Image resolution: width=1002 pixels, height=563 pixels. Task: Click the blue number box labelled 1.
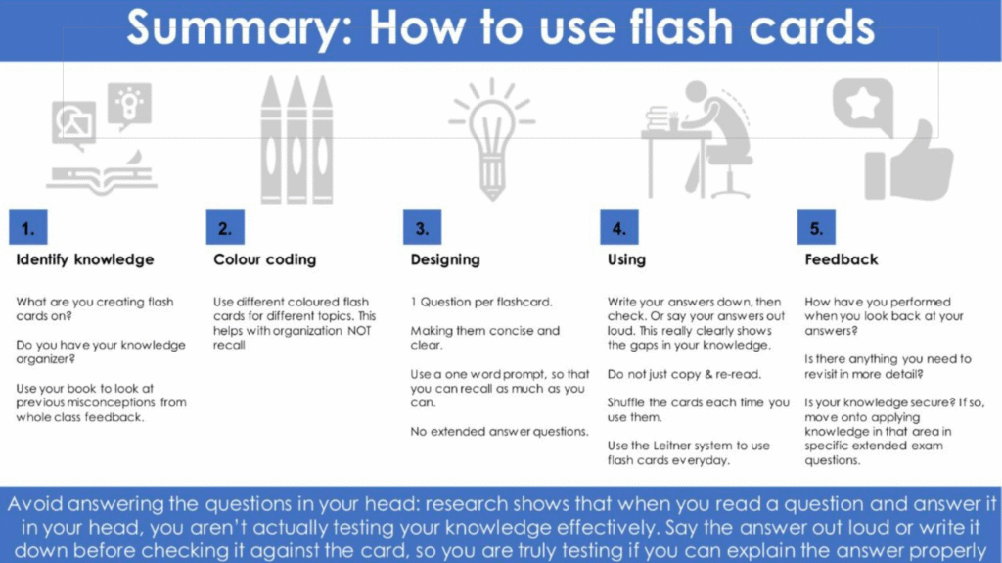point(28,227)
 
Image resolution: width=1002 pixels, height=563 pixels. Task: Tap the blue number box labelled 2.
point(225,227)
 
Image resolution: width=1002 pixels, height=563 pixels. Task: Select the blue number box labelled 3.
point(423,227)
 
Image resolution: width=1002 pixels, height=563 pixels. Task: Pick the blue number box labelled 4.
point(619,227)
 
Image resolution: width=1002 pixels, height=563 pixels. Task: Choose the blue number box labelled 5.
point(816,227)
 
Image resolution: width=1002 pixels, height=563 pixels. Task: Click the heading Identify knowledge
point(85,259)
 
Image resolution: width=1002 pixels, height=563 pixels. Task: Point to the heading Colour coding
point(264,259)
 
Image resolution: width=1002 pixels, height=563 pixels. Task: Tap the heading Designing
point(445,259)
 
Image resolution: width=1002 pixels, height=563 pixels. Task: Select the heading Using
point(626,259)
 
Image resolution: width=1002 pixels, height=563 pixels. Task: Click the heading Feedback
point(841,259)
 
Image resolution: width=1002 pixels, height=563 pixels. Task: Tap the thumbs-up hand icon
point(910,163)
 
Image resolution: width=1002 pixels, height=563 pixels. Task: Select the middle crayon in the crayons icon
point(296,139)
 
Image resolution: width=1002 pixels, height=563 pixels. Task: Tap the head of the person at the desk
point(697,91)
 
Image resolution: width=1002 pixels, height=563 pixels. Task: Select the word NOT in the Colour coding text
point(359,331)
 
